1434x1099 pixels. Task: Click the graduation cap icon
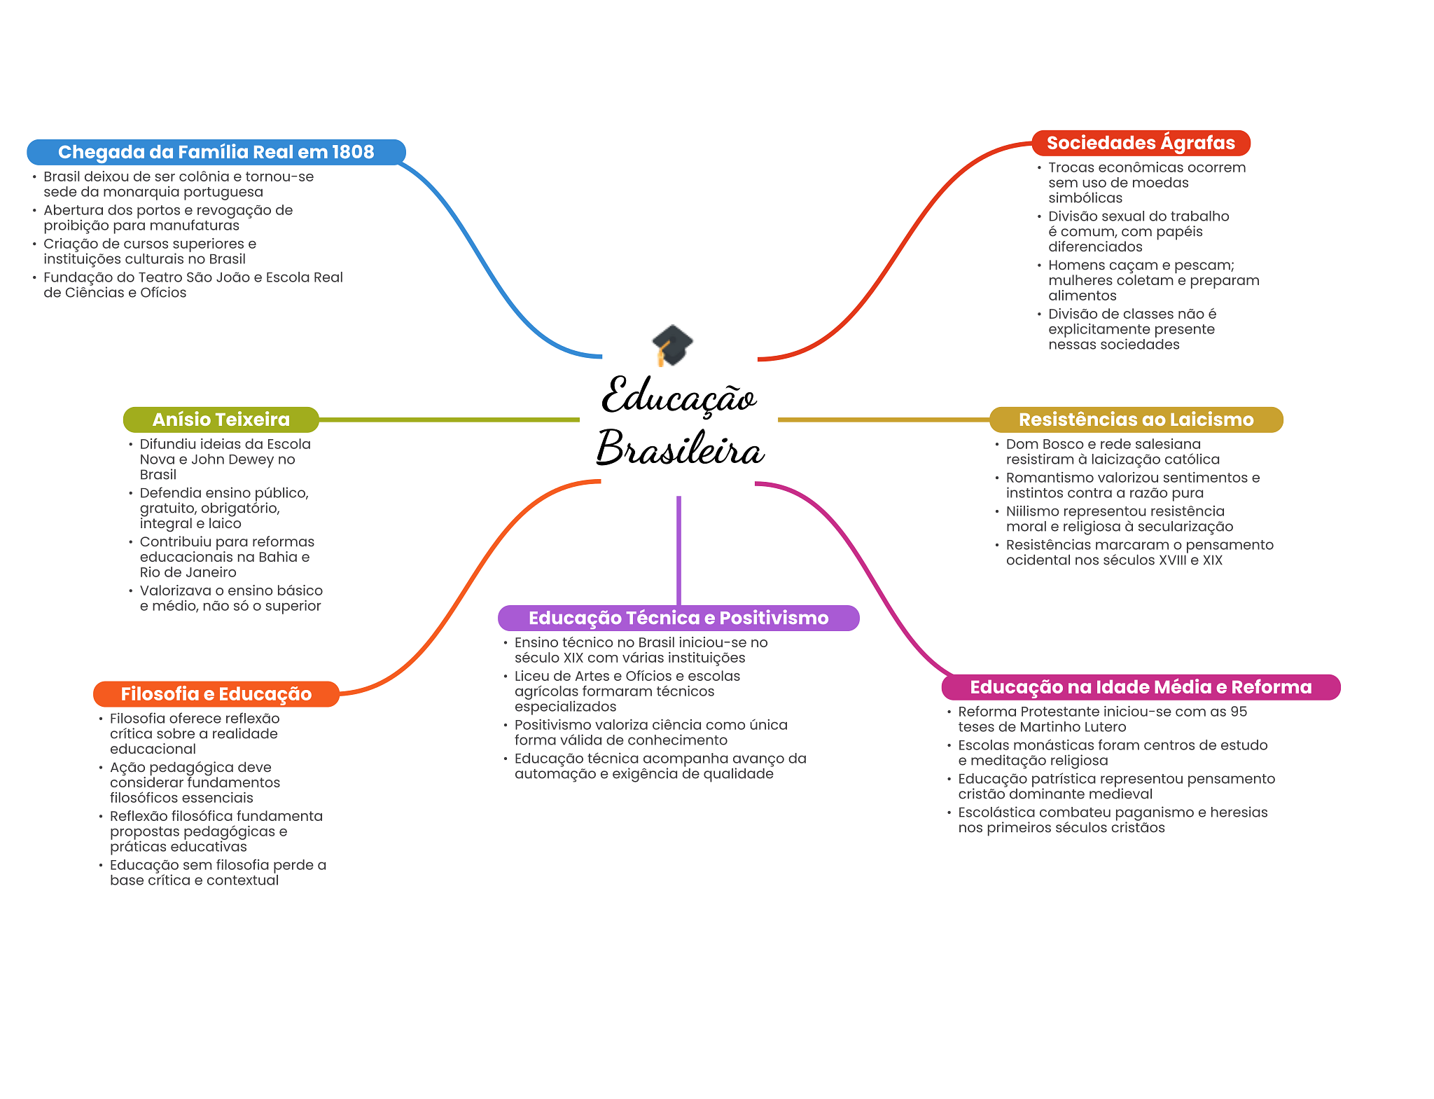point(672,345)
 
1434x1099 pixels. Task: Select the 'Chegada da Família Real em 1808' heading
point(216,152)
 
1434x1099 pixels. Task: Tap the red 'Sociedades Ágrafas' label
point(1141,143)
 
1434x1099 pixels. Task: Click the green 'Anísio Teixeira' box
point(221,420)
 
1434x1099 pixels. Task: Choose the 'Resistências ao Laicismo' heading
point(1136,420)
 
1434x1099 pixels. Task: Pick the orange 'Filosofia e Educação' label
point(216,694)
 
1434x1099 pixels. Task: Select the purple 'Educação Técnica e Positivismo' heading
point(678,618)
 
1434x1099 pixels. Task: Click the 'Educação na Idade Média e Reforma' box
point(1141,687)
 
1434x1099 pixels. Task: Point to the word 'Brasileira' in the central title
point(680,448)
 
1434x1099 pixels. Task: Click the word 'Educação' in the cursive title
point(678,396)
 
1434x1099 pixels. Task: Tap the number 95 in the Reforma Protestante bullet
point(1239,712)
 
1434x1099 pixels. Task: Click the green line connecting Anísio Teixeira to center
point(448,420)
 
